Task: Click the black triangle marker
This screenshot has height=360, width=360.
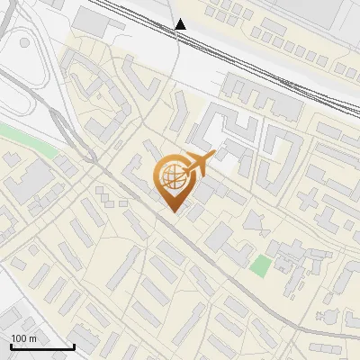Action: pos(181,24)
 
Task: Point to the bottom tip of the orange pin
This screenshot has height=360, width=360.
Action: pos(172,212)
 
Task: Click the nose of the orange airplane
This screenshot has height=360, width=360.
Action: pos(213,157)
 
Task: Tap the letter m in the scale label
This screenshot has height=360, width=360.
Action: pos(33,338)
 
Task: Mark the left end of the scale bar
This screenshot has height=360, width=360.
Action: pos(10,347)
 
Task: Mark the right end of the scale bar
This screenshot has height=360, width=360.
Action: pos(73,347)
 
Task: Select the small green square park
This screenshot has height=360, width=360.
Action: pos(260,266)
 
